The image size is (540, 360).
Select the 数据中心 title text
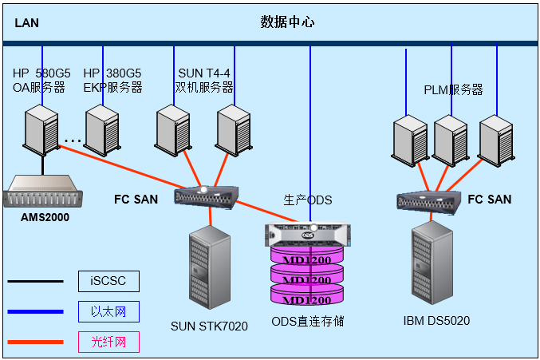point(287,22)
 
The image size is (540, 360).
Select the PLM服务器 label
point(453,90)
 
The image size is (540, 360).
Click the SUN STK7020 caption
point(209,326)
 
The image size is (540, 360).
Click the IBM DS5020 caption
point(437,321)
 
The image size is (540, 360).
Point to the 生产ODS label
point(307,200)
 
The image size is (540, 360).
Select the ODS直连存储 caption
point(307,322)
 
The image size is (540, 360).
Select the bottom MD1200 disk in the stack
point(307,300)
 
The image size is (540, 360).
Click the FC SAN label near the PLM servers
point(490,198)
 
